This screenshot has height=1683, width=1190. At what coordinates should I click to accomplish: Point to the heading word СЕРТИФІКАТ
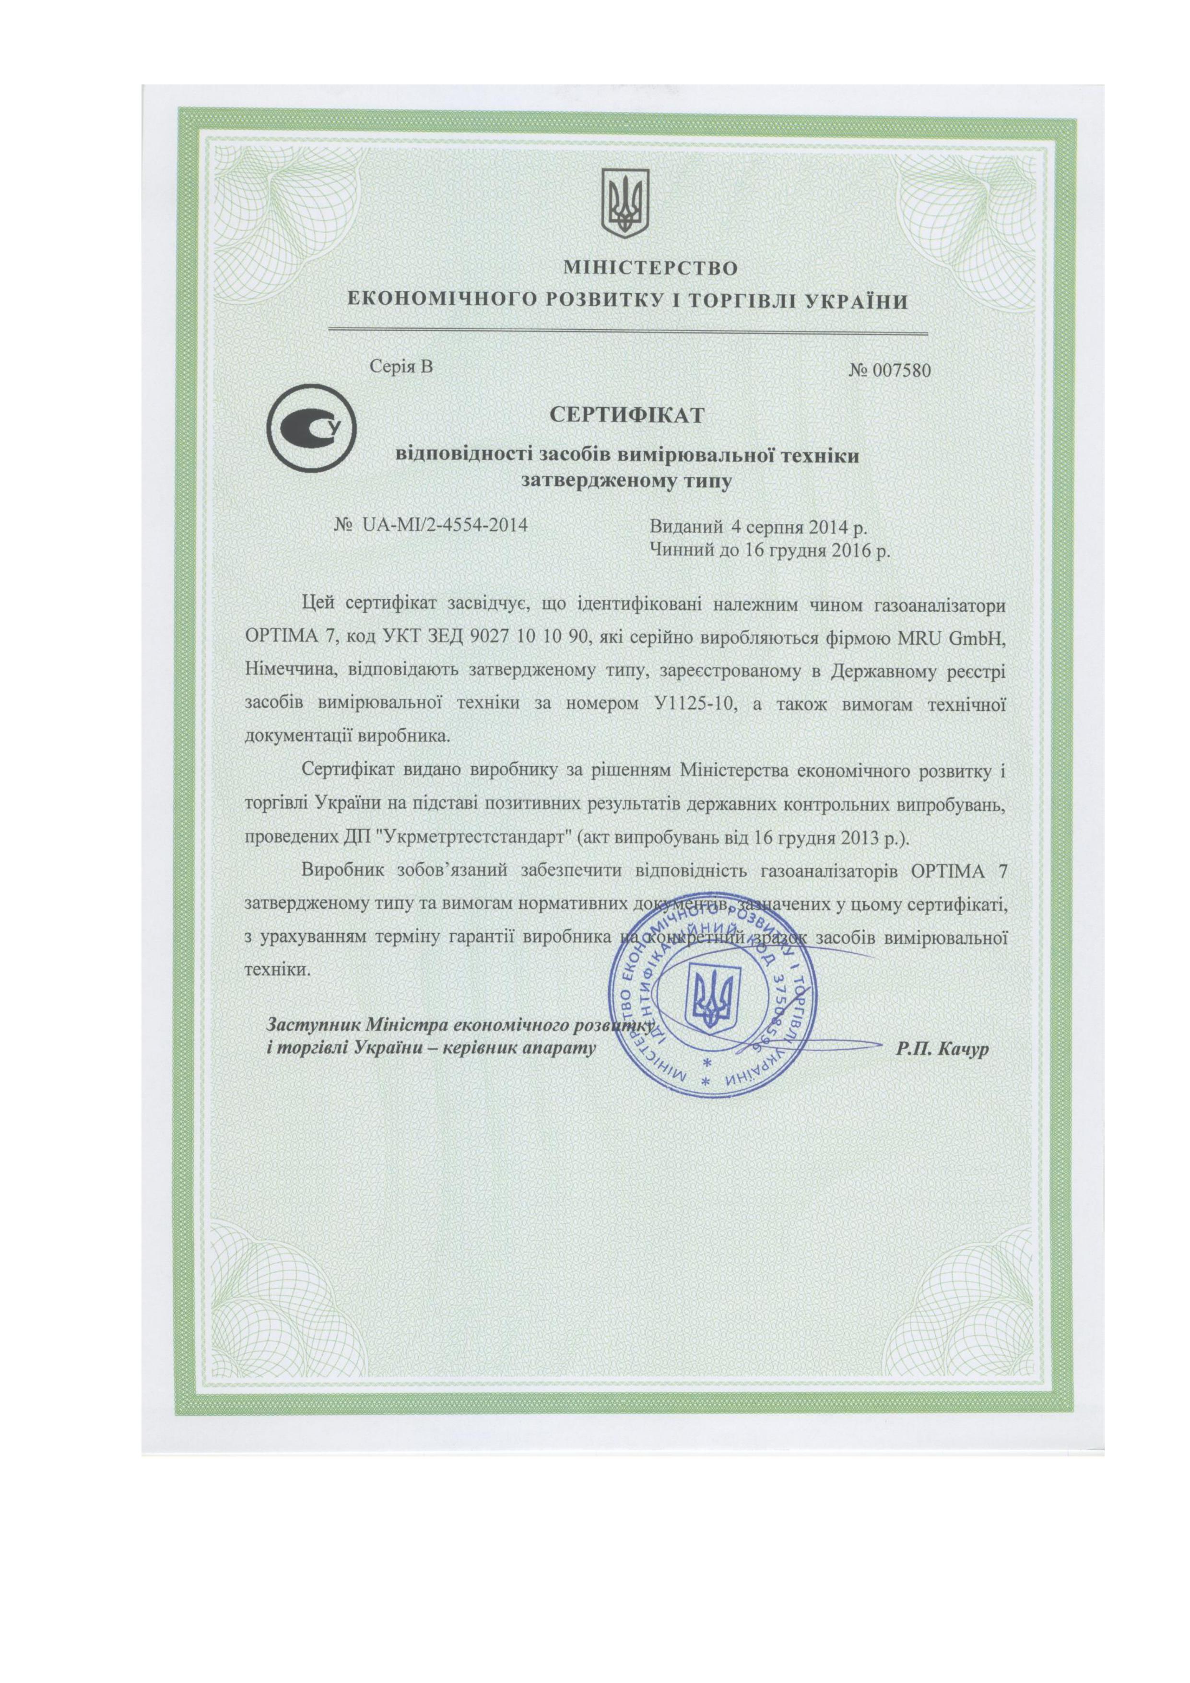coord(627,415)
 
